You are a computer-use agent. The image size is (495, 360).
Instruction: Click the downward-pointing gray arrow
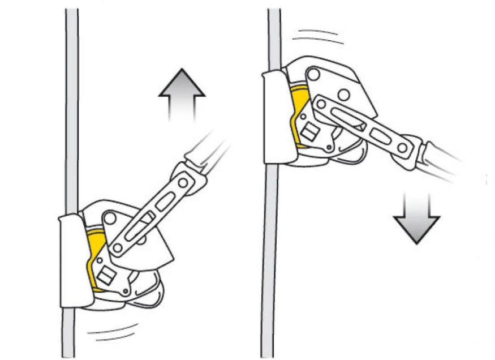coord(416,217)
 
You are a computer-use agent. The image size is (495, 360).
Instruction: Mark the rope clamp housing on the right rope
coord(274,116)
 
